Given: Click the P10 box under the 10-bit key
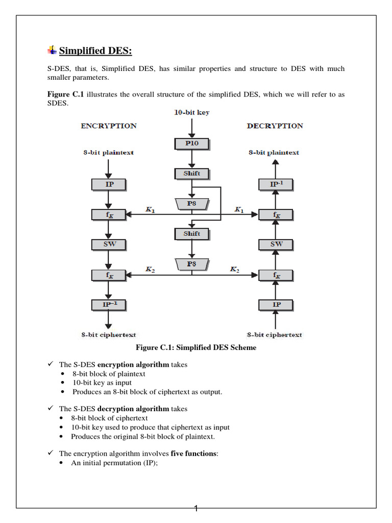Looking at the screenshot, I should point(191,144).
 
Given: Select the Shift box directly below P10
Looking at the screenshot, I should point(191,174).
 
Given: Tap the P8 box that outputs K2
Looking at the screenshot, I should point(191,264).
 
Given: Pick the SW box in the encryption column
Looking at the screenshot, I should point(109,244).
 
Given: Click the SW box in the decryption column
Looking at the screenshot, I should point(276,244).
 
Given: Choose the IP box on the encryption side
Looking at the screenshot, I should point(109,184).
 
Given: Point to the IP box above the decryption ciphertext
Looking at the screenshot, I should point(276,305).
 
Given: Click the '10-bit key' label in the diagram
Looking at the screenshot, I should point(192,112).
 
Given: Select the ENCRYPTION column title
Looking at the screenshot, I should point(109,126).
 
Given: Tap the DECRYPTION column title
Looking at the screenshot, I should point(275,126).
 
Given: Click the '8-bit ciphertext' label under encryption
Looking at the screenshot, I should point(109,335).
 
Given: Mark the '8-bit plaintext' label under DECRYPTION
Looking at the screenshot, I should point(274,153).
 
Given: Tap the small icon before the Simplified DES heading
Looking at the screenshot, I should point(52,50).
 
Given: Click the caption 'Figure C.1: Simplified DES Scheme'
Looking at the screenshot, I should point(195,348).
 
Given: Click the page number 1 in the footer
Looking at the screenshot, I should point(196,508).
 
